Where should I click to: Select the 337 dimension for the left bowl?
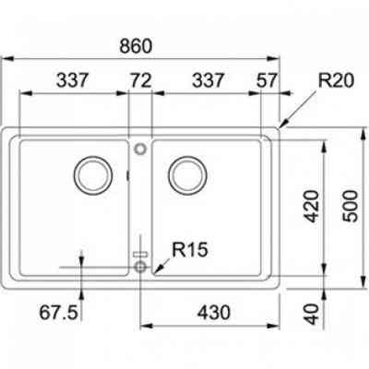coord(72,80)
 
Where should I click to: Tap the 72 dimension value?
coord(140,80)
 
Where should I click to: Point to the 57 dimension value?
coord(267,80)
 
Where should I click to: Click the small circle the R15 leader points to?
coord(140,266)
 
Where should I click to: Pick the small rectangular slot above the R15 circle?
coord(140,252)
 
